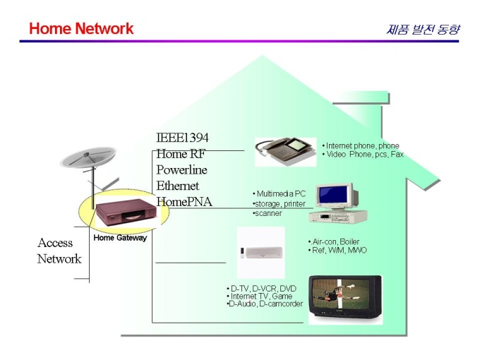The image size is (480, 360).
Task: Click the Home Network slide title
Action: click(x=81, y=29)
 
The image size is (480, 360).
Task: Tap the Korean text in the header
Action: click(x=423, y=30)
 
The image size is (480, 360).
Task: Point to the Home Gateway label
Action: click(x=120, y=238)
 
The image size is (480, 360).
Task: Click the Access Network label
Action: click(x=59, y=251)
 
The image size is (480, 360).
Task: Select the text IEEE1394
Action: click(x=182, y=138)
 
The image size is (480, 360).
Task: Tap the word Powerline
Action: click(x=181, y=170)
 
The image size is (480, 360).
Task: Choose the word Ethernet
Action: click(x=178, y=186)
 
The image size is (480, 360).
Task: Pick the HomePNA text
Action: click(x=184, y=202)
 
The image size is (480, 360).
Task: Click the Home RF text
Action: click(x=181, y=154)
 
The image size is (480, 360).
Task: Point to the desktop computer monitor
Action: click(x=334, y=196)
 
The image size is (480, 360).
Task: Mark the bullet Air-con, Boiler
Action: click(x=334, y=241)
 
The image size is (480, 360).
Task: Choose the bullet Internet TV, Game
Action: click(x=260, y=296)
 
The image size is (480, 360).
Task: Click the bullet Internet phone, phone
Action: click(x=361, y=146)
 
